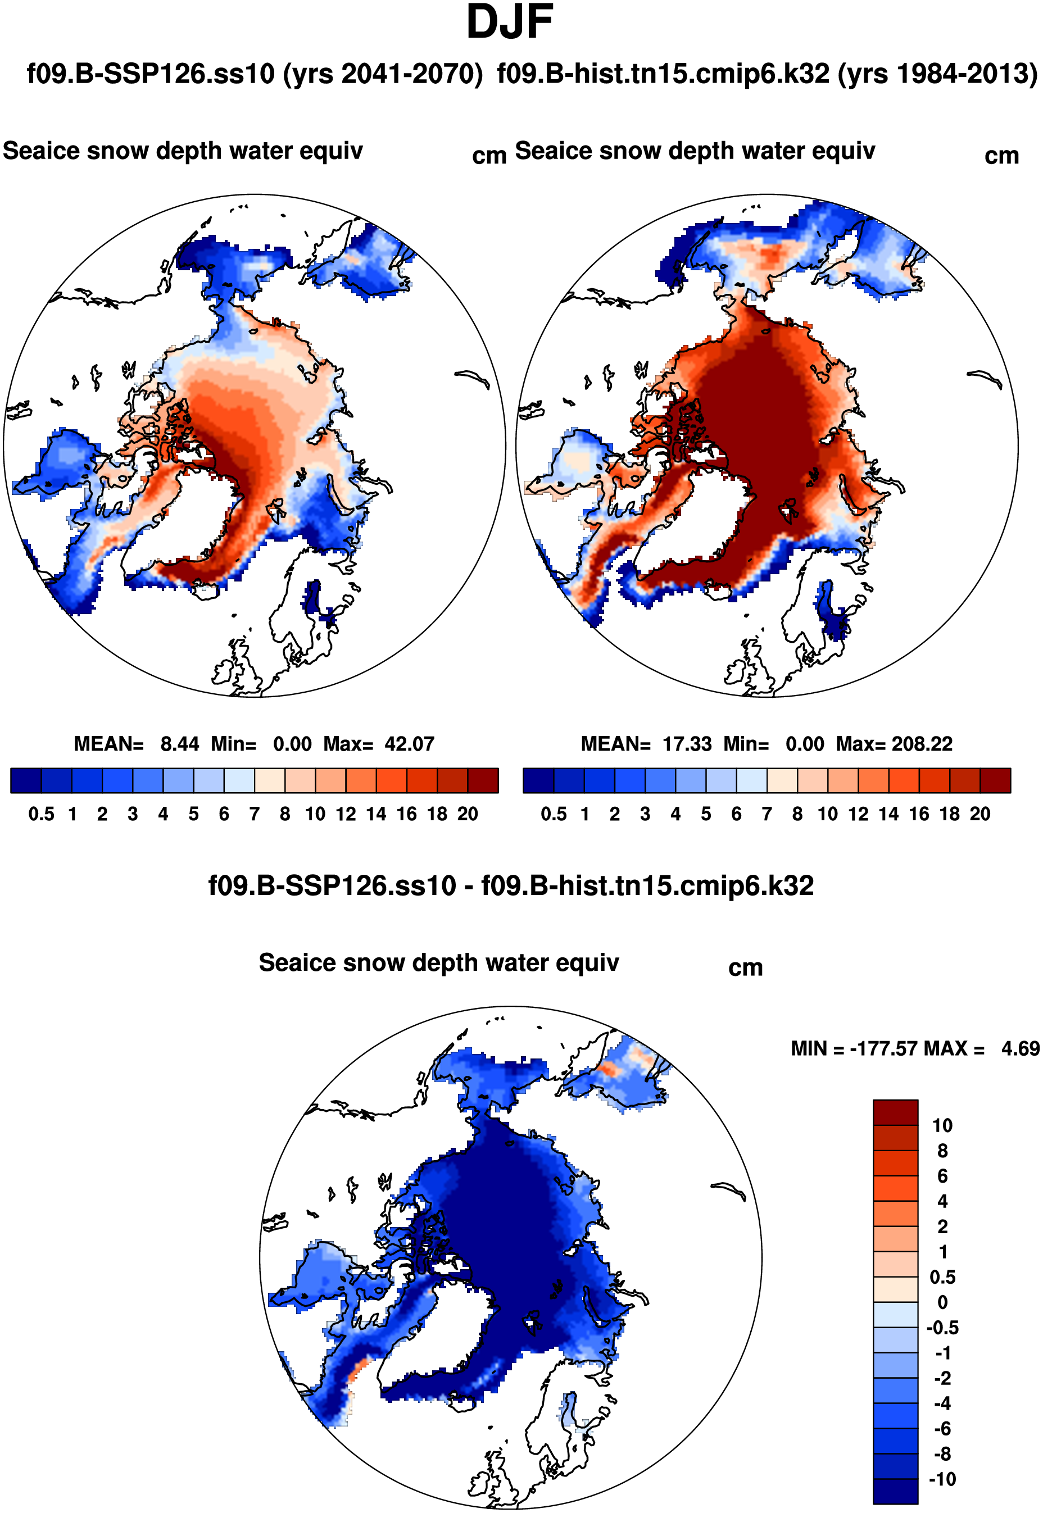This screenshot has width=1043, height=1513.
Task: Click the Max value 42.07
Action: tap(409, 744)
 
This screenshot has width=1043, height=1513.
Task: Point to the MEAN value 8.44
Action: tap(180, 744)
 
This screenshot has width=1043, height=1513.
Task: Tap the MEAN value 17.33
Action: tap(687, 744)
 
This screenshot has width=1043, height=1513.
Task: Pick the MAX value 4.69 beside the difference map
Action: tap(1020, 1049)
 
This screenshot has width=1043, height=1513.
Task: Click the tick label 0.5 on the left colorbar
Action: tap(41, 815)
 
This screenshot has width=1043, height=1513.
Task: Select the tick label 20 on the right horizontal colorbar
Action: tap(979, 815)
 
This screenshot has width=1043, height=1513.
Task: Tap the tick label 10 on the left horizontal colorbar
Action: tap(315, 815)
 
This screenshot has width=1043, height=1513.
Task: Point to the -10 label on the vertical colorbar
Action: tap(942, 1480)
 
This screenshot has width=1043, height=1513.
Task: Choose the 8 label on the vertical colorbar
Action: tap(942, 1151)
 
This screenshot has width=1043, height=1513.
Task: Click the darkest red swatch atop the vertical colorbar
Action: tap(895, 1112)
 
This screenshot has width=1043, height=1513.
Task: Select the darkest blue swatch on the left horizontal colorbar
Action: tap(26, 781)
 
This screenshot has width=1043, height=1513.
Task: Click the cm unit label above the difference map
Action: tap(746, 968)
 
